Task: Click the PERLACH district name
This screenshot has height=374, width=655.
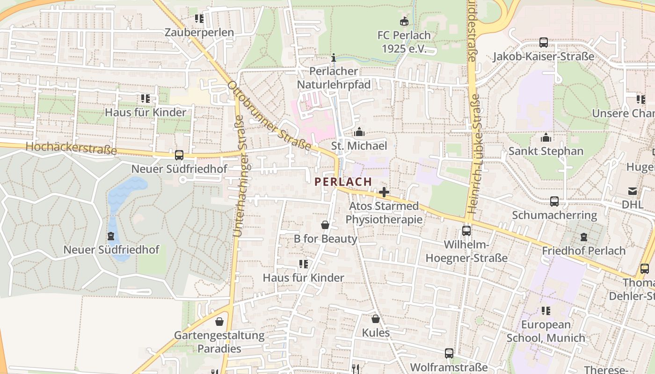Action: pos(343,182)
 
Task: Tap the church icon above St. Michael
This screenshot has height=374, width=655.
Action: pos(359,132)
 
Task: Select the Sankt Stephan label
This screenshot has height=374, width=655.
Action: pos(546,151)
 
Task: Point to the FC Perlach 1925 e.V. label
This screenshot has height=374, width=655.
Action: pos(405,42)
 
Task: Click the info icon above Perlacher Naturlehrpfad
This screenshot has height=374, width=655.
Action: pos(333,58)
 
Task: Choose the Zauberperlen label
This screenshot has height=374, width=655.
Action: pos(199,32)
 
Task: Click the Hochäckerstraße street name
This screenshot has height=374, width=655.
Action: pos(71,148)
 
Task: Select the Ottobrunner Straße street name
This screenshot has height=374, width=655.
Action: pos(269,116)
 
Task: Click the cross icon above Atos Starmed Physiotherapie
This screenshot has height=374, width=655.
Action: pos(384,192)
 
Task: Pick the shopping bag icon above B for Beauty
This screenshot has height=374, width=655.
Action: pos(325,225)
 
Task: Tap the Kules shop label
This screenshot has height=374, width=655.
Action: pos(376,333)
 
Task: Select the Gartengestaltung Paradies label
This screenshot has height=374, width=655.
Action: pos(219,342)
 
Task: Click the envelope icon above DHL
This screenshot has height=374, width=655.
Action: pos(633,191)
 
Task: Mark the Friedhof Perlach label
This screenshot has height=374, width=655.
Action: pos(583,251)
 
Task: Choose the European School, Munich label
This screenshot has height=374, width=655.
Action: pos(546,331)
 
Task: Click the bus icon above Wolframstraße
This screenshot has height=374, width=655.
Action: pos(449,353)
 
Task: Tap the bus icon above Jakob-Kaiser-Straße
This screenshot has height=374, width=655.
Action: pos(543,43)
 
